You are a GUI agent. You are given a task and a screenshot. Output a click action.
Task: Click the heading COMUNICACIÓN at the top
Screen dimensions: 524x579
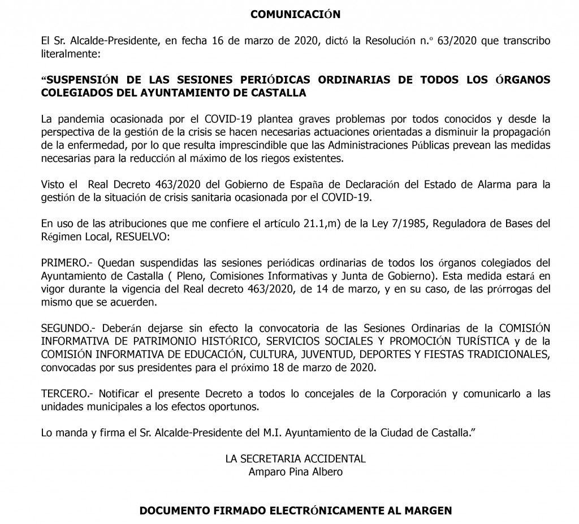pos(296,14)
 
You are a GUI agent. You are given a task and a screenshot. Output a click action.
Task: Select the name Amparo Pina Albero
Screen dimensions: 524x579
pos(295,472)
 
